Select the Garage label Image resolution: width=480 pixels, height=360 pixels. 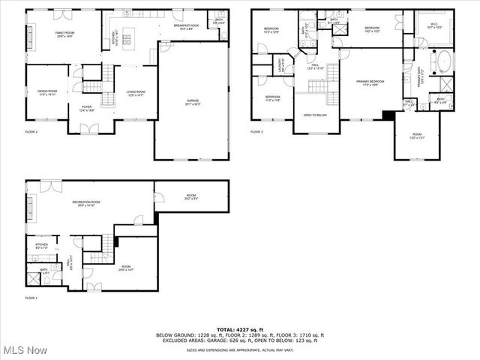(x=193, y=100)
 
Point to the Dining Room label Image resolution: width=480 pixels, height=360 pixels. (x=47, y=92)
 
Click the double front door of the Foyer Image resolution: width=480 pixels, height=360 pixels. (x=88, y=130)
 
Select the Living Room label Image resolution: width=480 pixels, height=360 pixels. (x=135, y=92)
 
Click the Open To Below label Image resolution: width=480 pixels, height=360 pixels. (x=315, y=115)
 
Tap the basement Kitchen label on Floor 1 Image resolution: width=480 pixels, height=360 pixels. (x=41, y=246)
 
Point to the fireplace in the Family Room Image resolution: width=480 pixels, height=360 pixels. (x=31, y=34)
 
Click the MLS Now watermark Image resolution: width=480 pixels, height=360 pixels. (x=25, y=350)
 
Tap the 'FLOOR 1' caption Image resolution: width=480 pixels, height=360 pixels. (x=31, y=298)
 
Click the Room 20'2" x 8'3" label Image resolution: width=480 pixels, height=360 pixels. (x=192, y=198)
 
